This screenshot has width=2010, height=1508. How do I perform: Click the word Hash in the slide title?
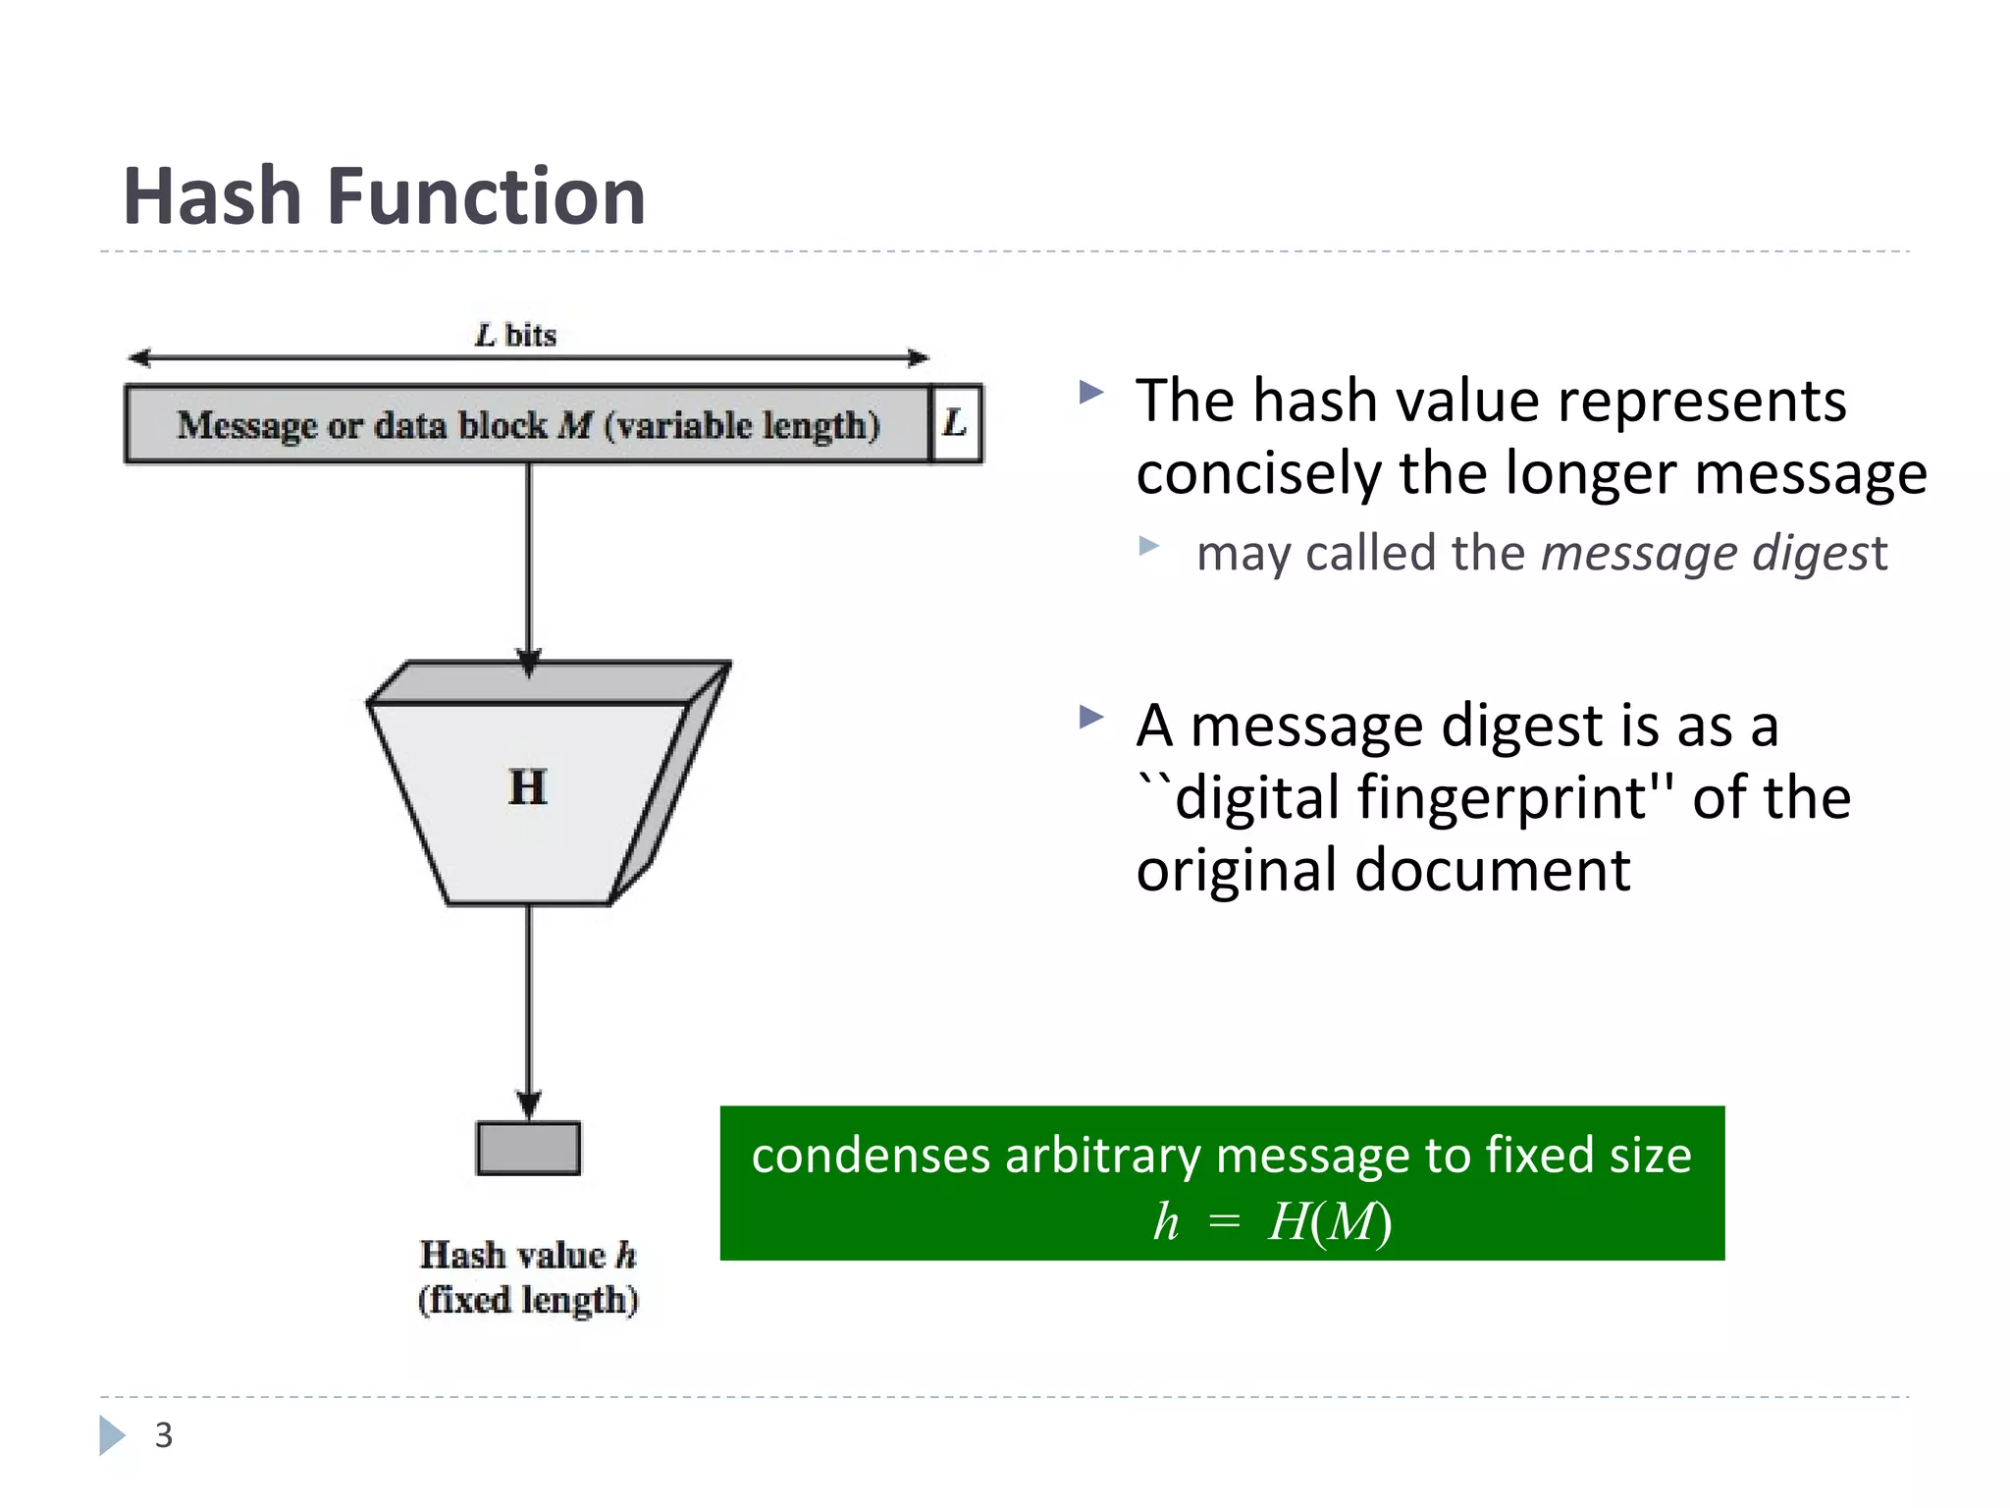(211, 196)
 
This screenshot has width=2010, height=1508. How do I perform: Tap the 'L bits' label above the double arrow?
(515, 336)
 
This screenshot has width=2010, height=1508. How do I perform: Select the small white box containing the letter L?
(956, 424)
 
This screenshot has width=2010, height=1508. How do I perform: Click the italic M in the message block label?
(575, 425)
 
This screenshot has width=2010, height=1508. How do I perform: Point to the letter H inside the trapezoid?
(528, 787)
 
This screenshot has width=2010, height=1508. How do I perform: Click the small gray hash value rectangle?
(528, 1148)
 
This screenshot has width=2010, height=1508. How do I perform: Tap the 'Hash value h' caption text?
(528, 1255)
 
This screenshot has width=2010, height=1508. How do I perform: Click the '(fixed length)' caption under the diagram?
(528, 1300)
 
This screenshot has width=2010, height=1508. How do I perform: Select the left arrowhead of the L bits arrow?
(140, 357)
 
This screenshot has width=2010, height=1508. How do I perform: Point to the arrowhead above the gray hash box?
(529, 1104)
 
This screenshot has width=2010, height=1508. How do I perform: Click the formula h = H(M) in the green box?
(1272, 1221)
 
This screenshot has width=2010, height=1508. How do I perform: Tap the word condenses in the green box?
(870, 1155)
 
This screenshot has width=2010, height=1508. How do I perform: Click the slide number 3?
(164, 1435)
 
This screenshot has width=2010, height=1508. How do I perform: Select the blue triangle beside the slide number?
(111, 1435)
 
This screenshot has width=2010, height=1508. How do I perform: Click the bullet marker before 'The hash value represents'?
(1090, 394)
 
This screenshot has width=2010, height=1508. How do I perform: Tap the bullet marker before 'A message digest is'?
(1090, 717)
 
